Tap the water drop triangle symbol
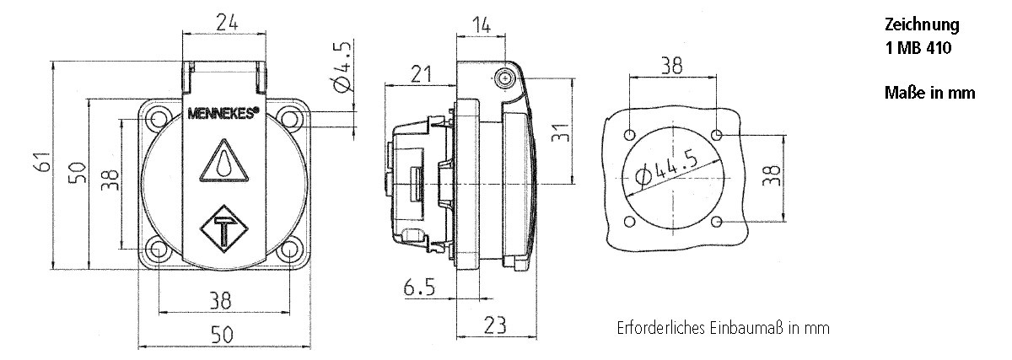point(223,161)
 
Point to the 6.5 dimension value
point(419,288)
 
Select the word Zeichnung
point(922,26)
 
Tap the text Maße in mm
point(929,94)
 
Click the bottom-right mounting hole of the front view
point(288,250)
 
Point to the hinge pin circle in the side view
point(505,78)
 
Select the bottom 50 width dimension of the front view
point(222,335)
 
